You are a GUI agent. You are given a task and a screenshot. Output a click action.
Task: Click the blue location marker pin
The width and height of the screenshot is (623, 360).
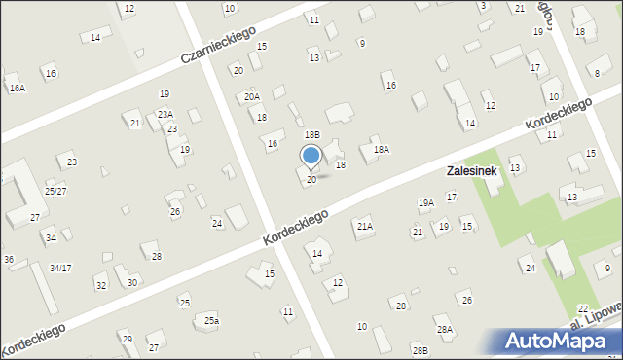click(311, 157)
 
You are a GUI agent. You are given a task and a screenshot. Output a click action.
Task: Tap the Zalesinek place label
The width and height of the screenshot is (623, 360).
click(474, 170)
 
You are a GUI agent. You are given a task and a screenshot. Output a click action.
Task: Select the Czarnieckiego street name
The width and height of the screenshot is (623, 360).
click(226, 44)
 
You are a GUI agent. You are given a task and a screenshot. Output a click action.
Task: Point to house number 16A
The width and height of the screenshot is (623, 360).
click(17, 88)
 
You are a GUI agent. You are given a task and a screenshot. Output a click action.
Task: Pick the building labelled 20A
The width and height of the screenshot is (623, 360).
click(252, 97)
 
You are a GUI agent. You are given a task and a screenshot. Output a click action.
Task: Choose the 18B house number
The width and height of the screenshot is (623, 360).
click(311, 135)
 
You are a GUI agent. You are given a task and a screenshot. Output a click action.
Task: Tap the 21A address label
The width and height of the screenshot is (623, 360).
click(364, 226)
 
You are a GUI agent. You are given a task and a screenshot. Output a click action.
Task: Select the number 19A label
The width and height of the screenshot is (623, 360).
click(425, 203)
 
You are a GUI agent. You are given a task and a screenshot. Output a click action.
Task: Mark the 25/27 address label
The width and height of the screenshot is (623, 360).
click(55, 191)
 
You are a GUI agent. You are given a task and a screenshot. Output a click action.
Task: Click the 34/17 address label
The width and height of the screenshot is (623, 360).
click(60, 268)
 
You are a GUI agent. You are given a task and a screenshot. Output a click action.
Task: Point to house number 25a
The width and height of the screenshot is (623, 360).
click(211, 321)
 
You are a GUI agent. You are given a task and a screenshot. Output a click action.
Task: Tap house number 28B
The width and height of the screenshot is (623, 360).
click(420, 349)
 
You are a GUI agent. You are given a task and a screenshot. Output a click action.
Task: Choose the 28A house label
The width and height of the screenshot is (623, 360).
click(444, 330)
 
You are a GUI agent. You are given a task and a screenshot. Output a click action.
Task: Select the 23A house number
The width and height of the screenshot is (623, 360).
click(165, 114)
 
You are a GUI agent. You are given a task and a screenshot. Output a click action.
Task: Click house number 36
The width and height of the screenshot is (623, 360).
click(8, 259)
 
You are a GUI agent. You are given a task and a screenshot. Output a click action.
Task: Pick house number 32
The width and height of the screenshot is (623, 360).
click(101, 285)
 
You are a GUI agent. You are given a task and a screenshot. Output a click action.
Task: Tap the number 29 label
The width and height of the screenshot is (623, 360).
click(127, 339)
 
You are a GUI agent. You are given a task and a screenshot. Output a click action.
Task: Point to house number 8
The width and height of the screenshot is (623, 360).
click(596, 74)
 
